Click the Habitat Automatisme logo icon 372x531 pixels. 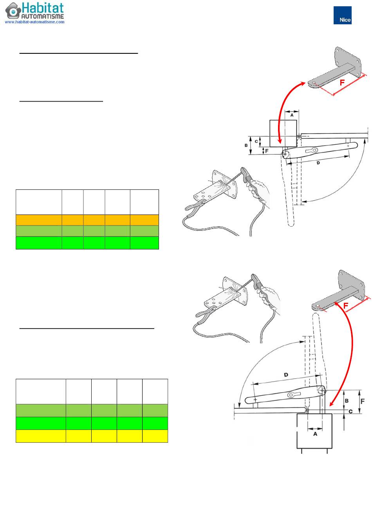[x=13, y=11]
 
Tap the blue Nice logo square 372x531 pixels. [x=342, y=15]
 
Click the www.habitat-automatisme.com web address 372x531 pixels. [x=34, y=22]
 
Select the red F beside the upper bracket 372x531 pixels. [x=342, y=83]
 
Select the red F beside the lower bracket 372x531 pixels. [x=346, y=305]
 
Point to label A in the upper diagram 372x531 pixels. [x=292, y=115]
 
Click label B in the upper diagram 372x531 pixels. [x=246, y=145]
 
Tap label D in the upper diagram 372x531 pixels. [x=318, y=162]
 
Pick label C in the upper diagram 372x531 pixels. [x=256, y=141]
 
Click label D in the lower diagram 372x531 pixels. [x=286, y=375]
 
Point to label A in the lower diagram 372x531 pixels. [x=315, y=434]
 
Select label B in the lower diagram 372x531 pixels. [x=347, y=400]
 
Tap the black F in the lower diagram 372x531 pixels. [x=362, y=401]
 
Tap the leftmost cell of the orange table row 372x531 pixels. [x=38, y=220]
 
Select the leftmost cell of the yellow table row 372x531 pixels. [x=40, y=436]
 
